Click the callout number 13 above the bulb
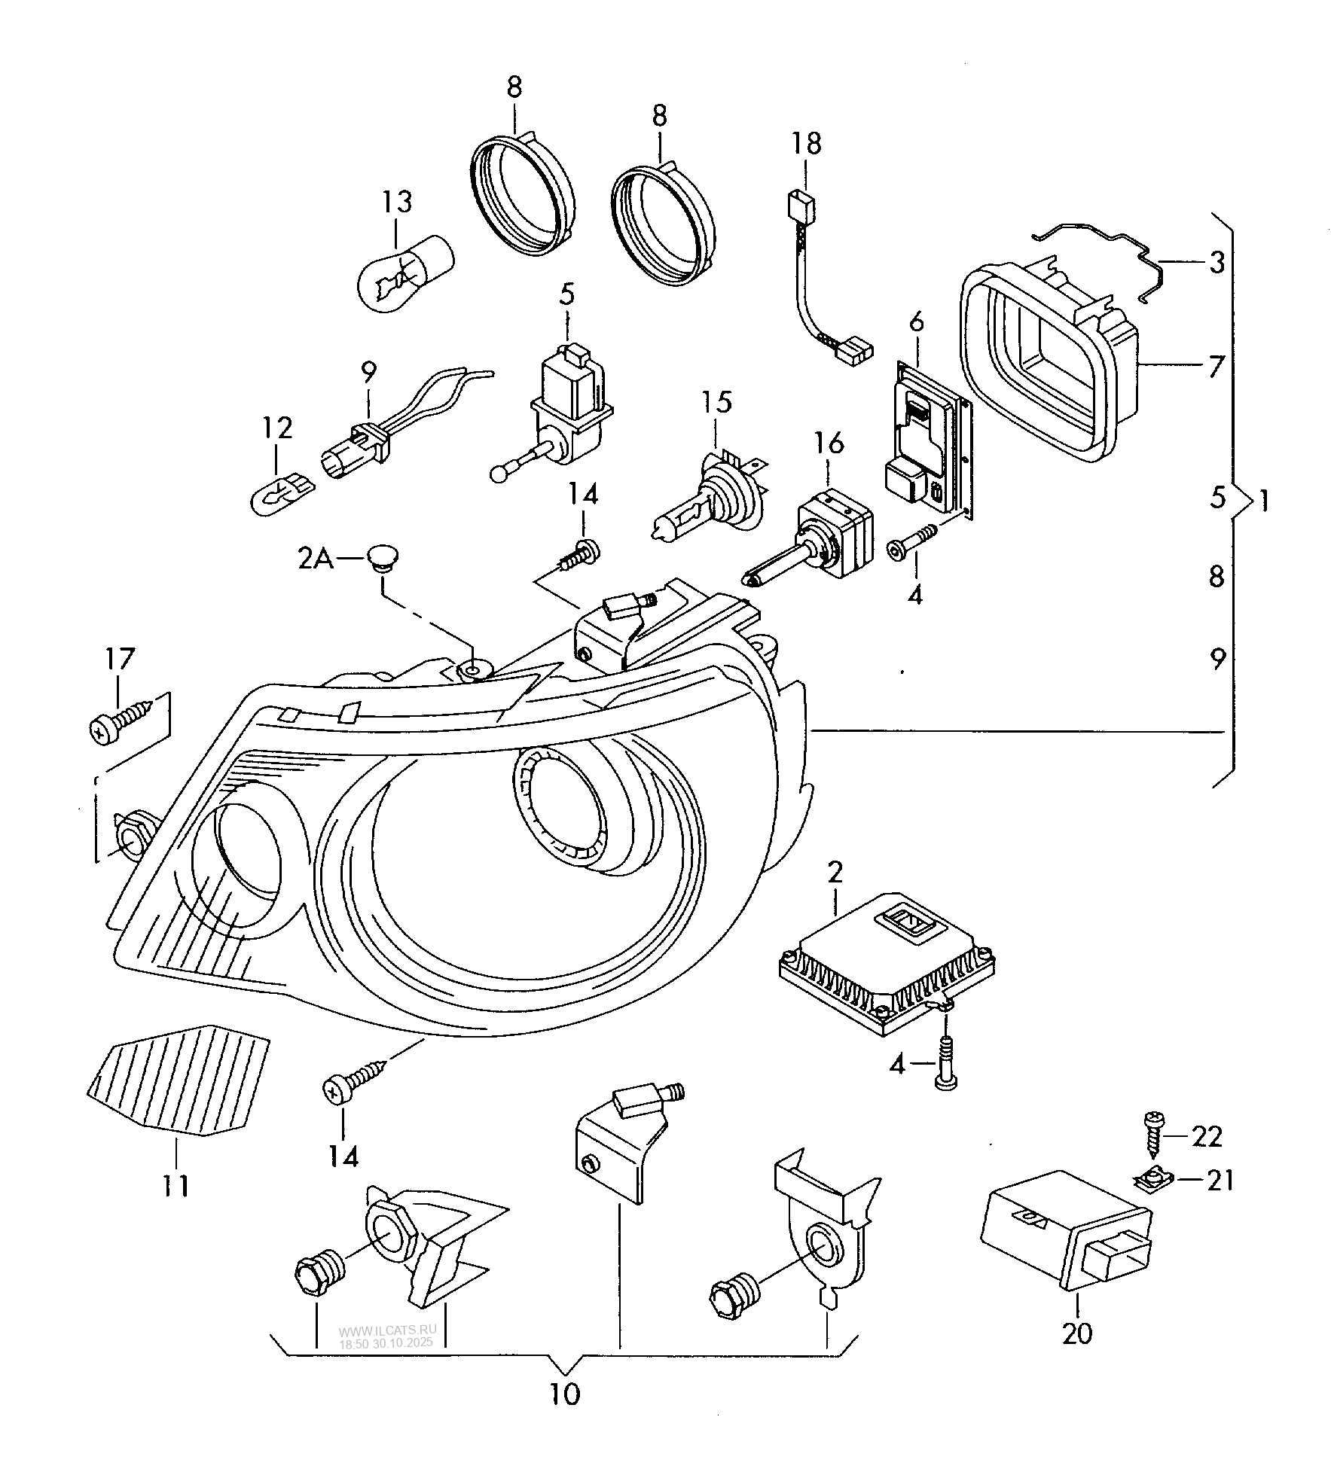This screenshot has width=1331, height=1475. click(x=396, y=202)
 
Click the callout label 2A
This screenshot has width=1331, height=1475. click(x=316, y=560)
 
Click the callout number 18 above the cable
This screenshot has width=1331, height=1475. click(x=806, y=143)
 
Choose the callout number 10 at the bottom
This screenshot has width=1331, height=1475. click(x=565, y=1394)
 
